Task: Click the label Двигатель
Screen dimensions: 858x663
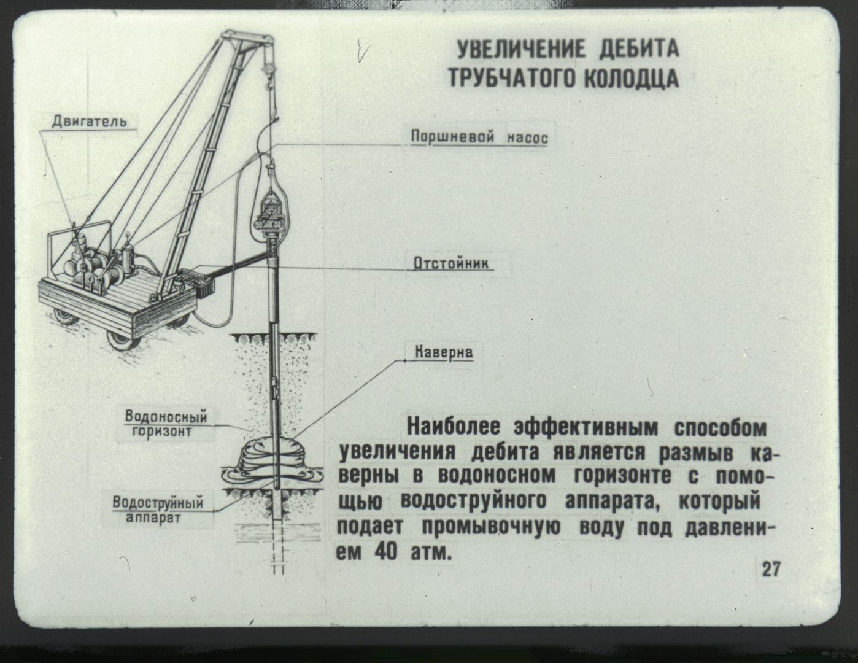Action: (90, 122)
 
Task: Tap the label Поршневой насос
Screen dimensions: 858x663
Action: (479, 138)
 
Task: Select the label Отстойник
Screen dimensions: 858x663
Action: (451, 264)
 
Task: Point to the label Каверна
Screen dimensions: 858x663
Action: (444, 352)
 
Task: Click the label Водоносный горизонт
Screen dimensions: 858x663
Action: (166, 423)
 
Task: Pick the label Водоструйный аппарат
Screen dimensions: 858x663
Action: (158, 510)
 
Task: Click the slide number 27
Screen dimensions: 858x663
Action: (771, 569)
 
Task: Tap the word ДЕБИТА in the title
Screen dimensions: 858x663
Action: (639, 50)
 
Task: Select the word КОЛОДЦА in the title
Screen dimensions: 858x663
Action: (631, 79)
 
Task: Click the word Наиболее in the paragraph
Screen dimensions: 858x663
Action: (454, 428)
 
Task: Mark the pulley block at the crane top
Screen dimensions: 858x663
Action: (268, 68)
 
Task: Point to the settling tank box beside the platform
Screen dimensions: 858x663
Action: (198, 282)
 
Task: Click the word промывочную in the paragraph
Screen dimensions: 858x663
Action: (491, 528)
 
